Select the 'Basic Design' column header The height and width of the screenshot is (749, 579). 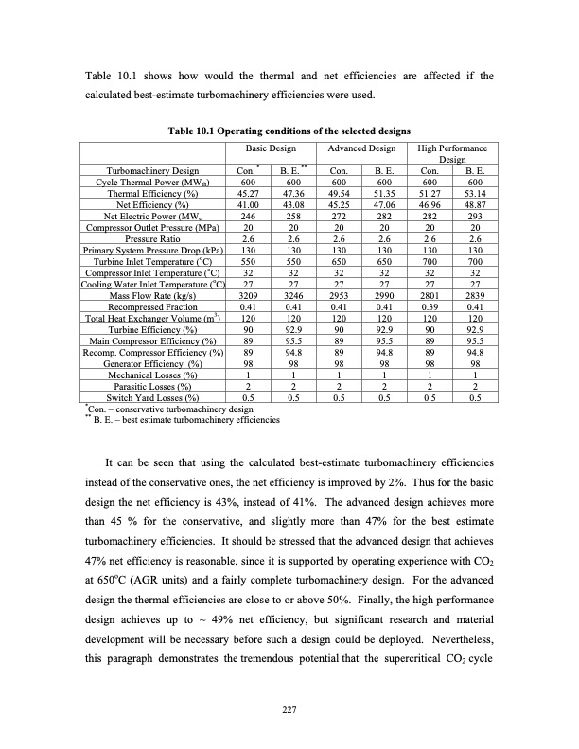click(271, 148)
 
